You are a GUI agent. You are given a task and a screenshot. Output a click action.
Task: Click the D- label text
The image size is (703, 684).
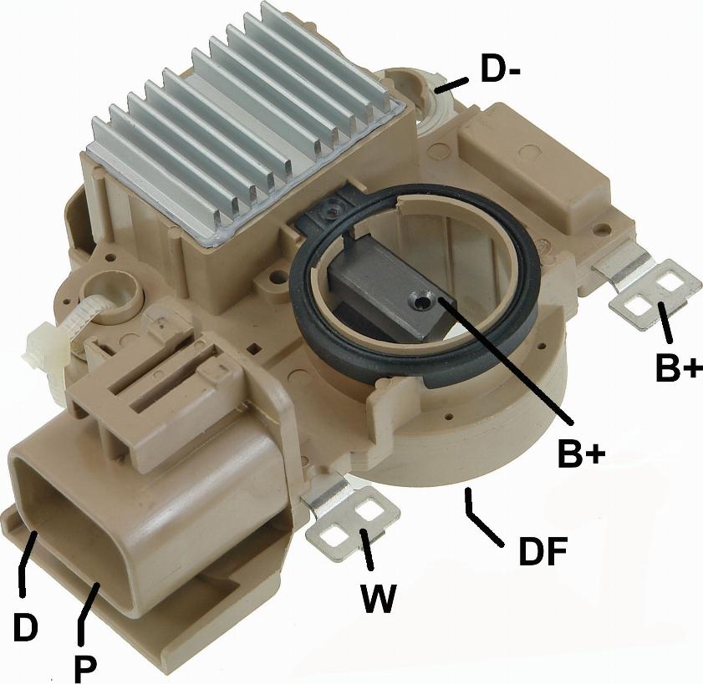[501, 69]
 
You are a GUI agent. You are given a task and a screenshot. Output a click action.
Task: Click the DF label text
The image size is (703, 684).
[543, 551]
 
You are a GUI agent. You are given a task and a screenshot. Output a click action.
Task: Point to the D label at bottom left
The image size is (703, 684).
[24, 626]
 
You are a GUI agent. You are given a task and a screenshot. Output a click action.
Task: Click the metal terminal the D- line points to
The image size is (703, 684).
[435, 92]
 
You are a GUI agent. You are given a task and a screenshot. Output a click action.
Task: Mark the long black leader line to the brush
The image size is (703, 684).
[502, 359]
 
